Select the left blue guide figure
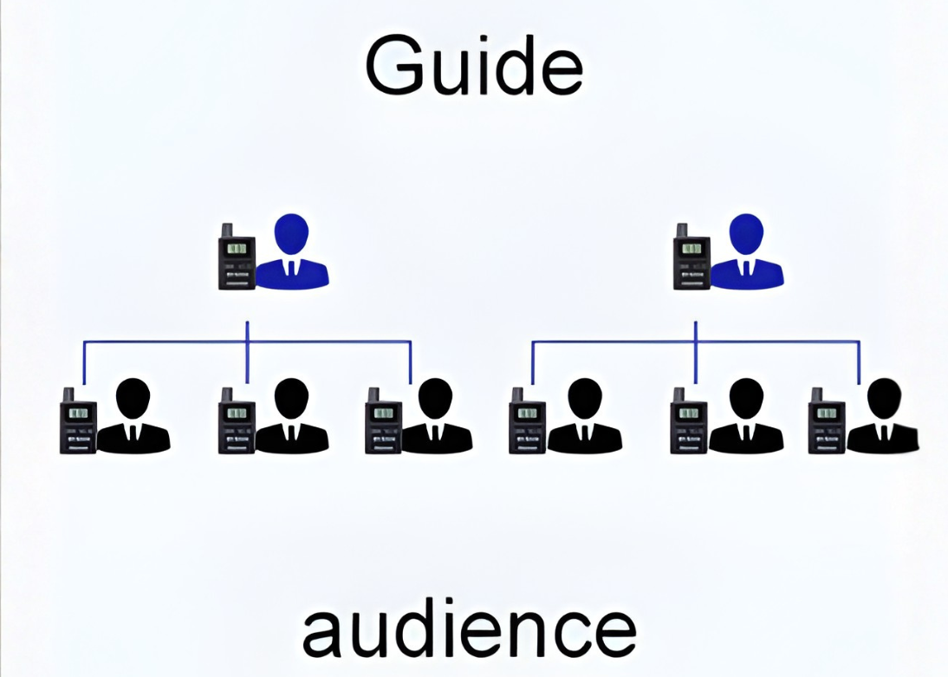292,253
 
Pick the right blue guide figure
746,253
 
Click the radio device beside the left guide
236,257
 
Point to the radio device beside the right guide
691,257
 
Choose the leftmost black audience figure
133,418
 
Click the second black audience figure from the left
291,418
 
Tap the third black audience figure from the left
436,418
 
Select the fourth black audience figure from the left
585,418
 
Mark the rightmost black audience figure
883,418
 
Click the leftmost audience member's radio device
78,422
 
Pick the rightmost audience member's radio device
826,422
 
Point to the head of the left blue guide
292,234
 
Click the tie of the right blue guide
746,269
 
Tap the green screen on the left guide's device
237,249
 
